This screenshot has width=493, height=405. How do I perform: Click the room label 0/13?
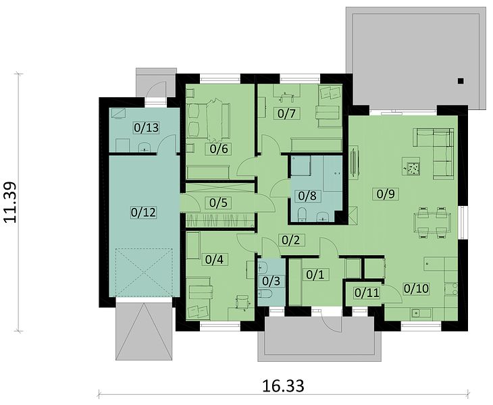[x=146, y=128]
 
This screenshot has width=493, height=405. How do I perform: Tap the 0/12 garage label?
[x=143, y=213]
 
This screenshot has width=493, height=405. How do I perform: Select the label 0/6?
[x=219, y=148]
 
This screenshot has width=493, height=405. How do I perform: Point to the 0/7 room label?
[x=286, y=113]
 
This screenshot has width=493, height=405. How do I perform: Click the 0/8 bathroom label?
[x=307, y=196]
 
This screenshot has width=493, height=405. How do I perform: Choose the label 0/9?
[x=385, y=194]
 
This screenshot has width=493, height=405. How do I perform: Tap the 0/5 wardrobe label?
[x=218, y=202]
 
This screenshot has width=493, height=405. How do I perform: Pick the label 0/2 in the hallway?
[x=290, y=240]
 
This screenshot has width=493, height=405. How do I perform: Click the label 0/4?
[x=214, y=259]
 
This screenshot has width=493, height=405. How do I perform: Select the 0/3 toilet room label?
[x=271, y=281]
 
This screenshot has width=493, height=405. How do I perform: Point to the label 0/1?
[x=315, y=275]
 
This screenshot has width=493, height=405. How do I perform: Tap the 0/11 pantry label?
[x=367, y=293]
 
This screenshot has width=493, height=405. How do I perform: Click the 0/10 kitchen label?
[x=416, y=288]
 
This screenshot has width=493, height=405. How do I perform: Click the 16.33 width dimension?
[x=283, y=386]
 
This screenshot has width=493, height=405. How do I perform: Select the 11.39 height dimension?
[x=10, y=202]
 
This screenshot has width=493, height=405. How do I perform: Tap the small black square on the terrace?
[x=461, y=81]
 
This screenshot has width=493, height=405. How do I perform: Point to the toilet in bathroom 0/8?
[x=302, y=215]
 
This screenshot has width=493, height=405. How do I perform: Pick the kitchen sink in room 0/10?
[x=421, y=313]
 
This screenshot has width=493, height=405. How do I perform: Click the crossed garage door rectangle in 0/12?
[x=145, y=272]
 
